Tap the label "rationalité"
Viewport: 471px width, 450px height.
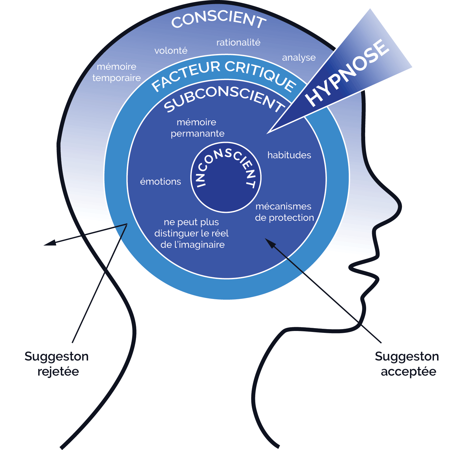[238, 42]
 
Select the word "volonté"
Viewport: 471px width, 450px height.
[171, 51]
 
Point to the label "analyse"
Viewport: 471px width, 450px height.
[299, 58]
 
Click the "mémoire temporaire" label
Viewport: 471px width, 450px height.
[116, 72]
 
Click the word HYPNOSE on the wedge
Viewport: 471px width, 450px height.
[347, 73]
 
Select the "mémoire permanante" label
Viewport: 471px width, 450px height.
[197, 128]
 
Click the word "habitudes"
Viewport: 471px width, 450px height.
[289, 155]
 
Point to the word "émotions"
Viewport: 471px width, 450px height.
[160, 182]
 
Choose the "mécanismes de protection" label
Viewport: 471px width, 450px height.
[284, 212]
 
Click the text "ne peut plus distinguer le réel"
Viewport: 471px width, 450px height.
[192, 233]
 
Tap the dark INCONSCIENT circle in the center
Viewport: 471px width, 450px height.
[226, 188]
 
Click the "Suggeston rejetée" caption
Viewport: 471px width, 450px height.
[57, 364]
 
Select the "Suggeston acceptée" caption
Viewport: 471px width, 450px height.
[407, 364]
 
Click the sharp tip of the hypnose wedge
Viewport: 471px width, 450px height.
[268, 133]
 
